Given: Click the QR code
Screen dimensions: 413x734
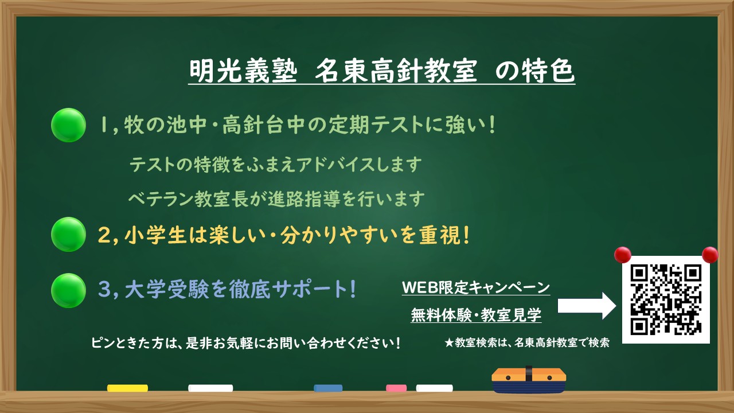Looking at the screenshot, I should tap(666, 299).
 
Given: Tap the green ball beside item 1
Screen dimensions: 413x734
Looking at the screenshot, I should tap(68, 125).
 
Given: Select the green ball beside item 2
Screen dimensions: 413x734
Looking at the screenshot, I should tap(68, 234).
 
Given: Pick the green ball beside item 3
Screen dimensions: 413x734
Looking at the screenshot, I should tap(68, 290).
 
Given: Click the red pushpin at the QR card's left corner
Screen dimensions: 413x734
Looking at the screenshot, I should tap(622, 255).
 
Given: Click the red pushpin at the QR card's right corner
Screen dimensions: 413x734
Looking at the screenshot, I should tap(710, 255).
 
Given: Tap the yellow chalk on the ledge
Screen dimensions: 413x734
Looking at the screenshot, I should tap(127, 388).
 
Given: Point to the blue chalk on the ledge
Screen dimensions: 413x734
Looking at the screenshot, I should tap(328, 388).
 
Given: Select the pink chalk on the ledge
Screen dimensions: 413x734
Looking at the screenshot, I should tap(396, 388).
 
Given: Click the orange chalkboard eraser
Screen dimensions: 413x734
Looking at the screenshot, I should tap(529, 379).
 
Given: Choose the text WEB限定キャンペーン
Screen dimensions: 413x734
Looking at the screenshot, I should tap(476, 287).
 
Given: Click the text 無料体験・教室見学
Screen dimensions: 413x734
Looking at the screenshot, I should tap(476, 315).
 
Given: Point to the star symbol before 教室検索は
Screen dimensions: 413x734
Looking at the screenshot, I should tap(449, 344).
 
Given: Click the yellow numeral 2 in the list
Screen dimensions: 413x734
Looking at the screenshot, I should tap(104, 236).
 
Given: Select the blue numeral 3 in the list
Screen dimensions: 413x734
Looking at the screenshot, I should tap(104, 290).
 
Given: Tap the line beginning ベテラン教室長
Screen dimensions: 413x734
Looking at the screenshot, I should tap(276, 199).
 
